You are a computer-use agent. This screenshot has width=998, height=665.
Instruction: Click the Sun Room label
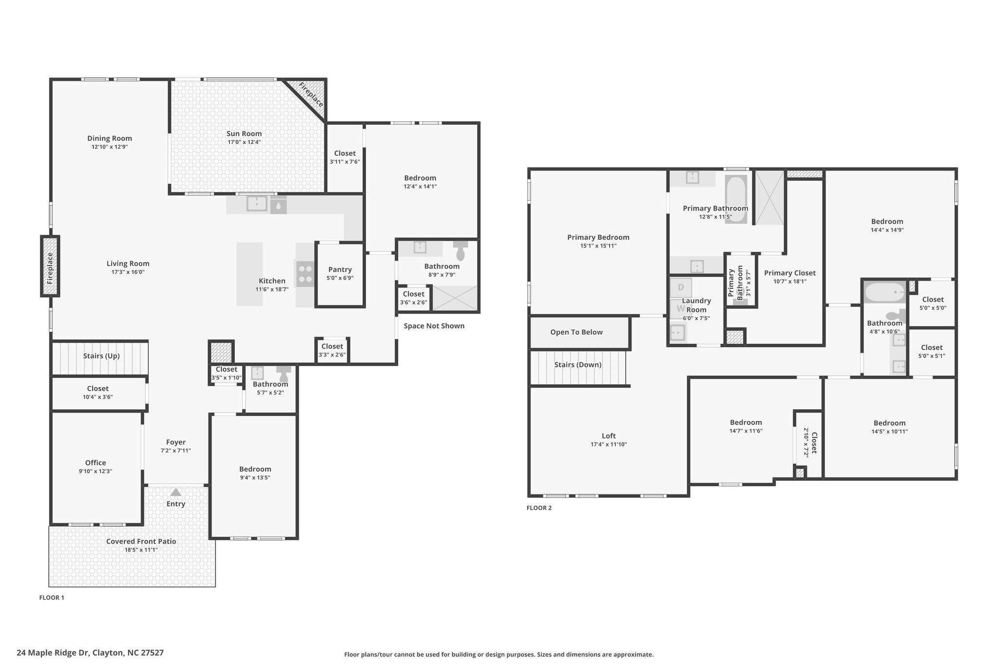(x=244, y=133)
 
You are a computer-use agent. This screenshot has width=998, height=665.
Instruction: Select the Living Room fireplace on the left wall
(x=50, y=266)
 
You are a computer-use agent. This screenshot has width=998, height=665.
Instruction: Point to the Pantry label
(x=340, y=269)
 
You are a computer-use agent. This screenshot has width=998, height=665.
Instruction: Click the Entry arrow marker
(x=176, y=492)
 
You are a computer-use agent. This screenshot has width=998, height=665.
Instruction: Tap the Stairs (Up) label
(x=101, y=356)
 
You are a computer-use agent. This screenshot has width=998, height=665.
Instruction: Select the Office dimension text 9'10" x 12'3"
(x=96, y=472)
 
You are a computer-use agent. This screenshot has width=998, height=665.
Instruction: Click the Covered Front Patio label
(x=141, y=541)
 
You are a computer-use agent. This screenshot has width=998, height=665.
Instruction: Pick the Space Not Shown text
(x=434, y=326)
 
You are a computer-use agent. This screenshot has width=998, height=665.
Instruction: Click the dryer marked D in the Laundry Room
(x=680, y=287)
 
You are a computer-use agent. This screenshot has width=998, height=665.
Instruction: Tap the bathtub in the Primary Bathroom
(x=736, y=199)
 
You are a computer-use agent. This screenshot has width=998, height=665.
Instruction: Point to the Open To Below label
(x=576, y=332)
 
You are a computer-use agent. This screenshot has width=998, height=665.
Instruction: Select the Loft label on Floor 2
(x=609, y=436)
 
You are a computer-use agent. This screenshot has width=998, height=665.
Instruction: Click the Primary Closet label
(x=790, y=273)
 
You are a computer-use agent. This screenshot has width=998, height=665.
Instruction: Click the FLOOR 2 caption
(x=539, y=508)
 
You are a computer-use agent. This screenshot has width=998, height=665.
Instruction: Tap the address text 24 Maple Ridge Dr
(x=53, y=652)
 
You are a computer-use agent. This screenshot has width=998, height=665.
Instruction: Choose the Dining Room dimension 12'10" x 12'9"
(x=110, y=147)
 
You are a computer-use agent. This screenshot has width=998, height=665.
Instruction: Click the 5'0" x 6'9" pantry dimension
(x=340, y=278)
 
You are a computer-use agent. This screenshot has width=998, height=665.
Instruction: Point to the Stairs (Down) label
(x=578, y=365)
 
